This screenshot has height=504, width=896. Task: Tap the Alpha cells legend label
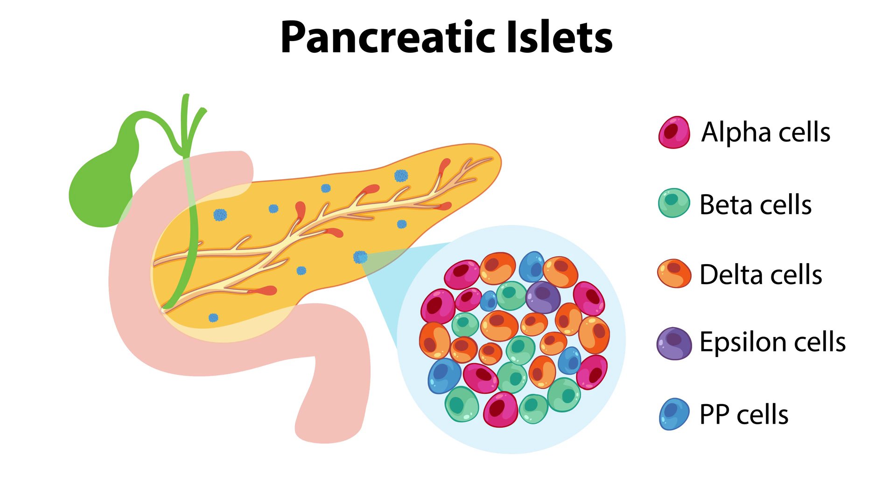pos(765,132)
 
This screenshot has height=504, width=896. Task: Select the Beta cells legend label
pos(755,204)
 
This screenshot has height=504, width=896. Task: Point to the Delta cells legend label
pos(760,274)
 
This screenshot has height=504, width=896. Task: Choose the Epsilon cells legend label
pos(772,342)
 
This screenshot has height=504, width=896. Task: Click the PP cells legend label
pos(743,414)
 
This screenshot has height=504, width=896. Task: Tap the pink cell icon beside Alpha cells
pos(674,133)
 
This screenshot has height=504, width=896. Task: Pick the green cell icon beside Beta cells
pos(673,203)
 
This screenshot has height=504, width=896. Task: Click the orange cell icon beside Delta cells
pos(674,273)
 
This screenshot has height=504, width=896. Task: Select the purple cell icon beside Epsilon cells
pos(674,343)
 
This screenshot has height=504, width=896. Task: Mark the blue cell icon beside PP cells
pos(674,414)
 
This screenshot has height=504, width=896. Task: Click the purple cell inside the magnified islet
pos(543,297)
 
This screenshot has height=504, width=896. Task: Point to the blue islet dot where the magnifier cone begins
pos(360,257)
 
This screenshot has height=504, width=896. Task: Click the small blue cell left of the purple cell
pos(489,301)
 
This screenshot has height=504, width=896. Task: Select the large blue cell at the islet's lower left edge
pos(444,375)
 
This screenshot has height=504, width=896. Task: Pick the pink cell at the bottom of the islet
pos(500,409)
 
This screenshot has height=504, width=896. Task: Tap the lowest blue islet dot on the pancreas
pos(213,318)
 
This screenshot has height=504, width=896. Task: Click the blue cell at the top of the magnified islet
pos(532,266)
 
